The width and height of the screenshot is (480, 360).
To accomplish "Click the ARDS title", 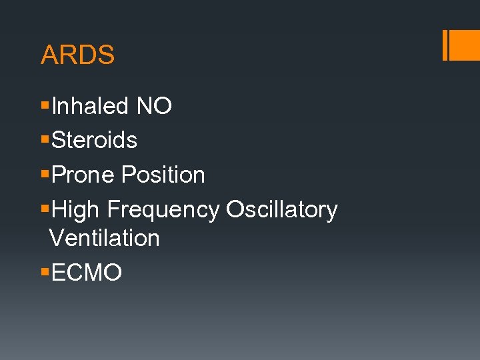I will coord(77,55).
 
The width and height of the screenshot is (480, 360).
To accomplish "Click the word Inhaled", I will coord(89,106).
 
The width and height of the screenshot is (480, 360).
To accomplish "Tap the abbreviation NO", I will coord(154,106).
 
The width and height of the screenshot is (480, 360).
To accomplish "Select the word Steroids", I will coord(94,141).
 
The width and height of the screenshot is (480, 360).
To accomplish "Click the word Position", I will coord(163,175).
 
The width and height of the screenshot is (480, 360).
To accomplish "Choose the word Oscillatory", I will coord(282,210).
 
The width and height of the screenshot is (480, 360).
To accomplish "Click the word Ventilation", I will coord(105,238).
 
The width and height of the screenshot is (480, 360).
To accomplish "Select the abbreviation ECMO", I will coord(86,273).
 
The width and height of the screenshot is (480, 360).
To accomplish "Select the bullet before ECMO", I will coord(45,273).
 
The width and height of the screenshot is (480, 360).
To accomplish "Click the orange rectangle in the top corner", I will coord(465,45).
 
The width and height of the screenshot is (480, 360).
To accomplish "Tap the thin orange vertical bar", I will coord(445,45).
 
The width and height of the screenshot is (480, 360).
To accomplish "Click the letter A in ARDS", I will coord(49,55).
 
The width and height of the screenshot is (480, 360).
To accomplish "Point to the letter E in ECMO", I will coord(58,273).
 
